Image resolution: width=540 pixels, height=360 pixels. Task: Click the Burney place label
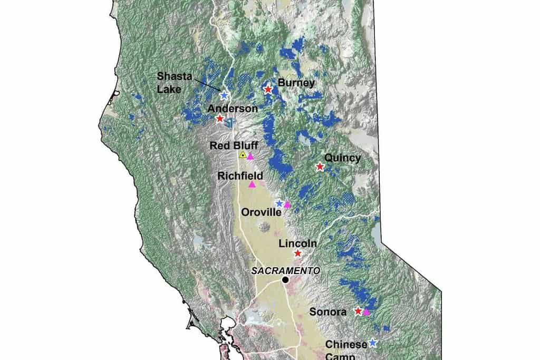click(296, 83)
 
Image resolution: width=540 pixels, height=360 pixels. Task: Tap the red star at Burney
click(268, 90)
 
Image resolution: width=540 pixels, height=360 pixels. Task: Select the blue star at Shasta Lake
click(224, 95)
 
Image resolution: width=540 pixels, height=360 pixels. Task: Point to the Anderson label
click(233, 108)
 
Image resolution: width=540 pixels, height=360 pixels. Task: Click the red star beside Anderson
click(220, 119)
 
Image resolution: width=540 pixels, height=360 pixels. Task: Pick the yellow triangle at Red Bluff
click(243, 155)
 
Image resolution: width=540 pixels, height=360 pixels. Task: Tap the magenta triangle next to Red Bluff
click(251, 156)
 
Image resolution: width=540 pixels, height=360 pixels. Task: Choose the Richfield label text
click(240, 175)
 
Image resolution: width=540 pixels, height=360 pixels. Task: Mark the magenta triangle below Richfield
click(252, 184)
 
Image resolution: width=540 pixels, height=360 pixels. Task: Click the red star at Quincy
click(320, 167)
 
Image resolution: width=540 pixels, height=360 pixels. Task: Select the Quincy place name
click(343, 158)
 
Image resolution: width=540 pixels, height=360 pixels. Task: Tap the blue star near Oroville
click(279, 203)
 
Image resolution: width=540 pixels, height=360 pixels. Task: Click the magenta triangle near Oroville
click(287, 205)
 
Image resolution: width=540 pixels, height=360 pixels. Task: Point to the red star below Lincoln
click(297, 254)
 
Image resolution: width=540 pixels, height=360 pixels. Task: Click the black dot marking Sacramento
click(285, 280)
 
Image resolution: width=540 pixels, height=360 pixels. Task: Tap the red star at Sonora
click(358, 311)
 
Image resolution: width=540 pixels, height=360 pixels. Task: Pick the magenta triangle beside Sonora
click(367, 312)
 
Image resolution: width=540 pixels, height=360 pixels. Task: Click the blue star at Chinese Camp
click(373, 343)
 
